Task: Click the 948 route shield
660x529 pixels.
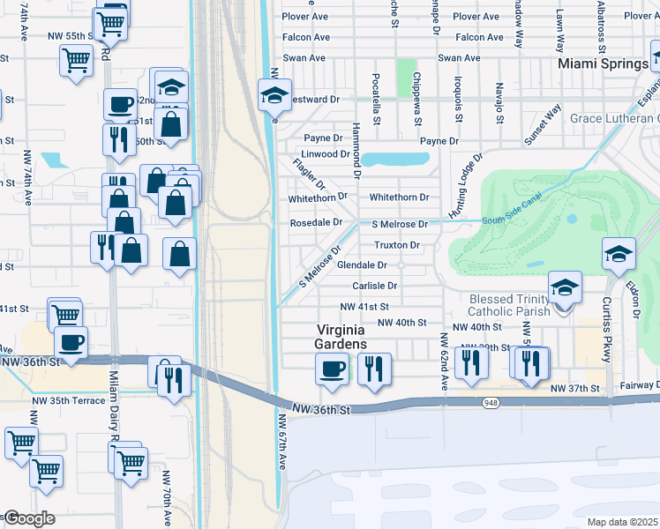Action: pyautogui.click(x=491, y=402)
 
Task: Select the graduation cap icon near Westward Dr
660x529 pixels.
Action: pyautogui.click(x=274, y=93)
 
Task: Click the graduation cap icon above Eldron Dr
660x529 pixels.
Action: pyautogui.click(x=619, y=253)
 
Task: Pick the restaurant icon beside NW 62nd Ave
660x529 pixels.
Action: pyautogui.click(x=470, y=362)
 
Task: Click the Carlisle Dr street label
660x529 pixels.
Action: pyautogui.click(x=375, y=286)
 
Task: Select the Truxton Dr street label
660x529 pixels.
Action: pyautogui.click(x=396, y=245)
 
